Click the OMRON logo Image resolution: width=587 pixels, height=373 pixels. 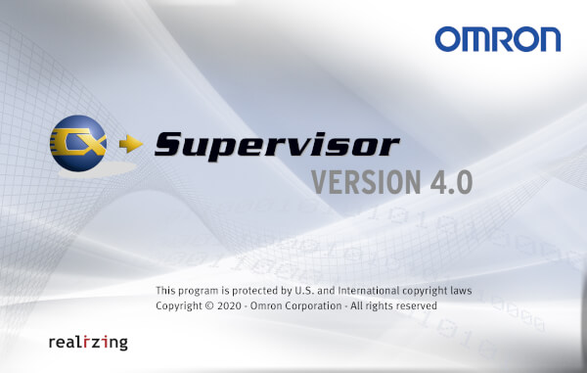click(x=498, y=39)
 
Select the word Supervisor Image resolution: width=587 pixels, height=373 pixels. click(x=277, y=146)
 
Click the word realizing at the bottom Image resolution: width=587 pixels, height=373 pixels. click(x=87, y=343)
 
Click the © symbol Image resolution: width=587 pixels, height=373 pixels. click(x=202, y=306)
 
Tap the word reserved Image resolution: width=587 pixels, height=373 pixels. click(x=415, y=306)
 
